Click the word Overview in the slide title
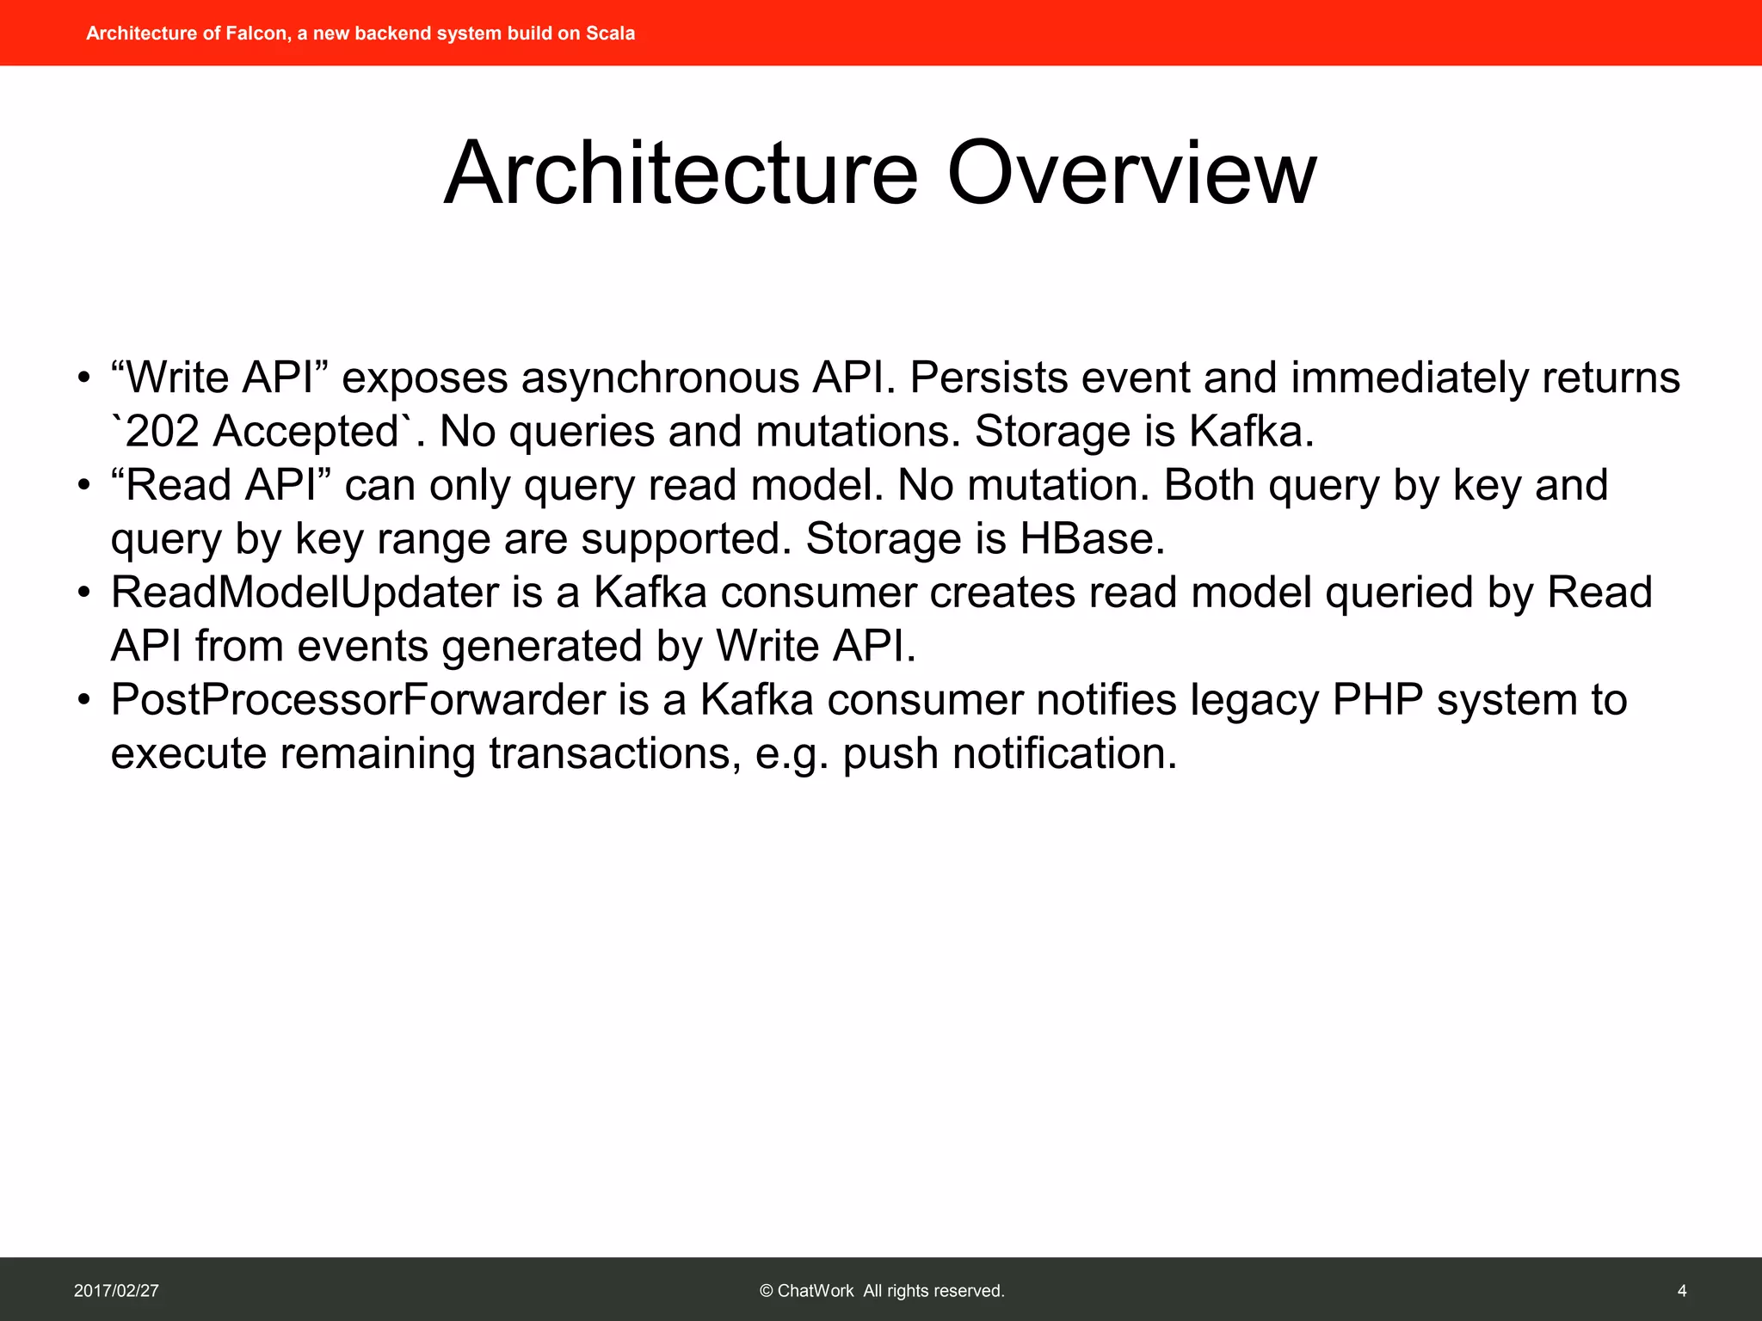coord(1131,175)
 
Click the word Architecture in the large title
coord(681,175)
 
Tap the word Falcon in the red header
coord(256,34)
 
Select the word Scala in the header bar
coord(610,34)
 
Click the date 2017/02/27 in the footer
coord(116,1290)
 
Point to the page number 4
coord(1681,1290)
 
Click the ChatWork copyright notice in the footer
coord(882,1290)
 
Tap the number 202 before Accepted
coord(162,431)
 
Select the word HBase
coord(1091,538)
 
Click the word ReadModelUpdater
coord(305,593)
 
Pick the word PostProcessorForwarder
coord(357,699)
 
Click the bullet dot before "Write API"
coord(83,378)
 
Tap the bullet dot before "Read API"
coord(83,486)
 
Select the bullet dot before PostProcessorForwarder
coord(83,700)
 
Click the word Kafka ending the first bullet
coord(1250,431)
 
